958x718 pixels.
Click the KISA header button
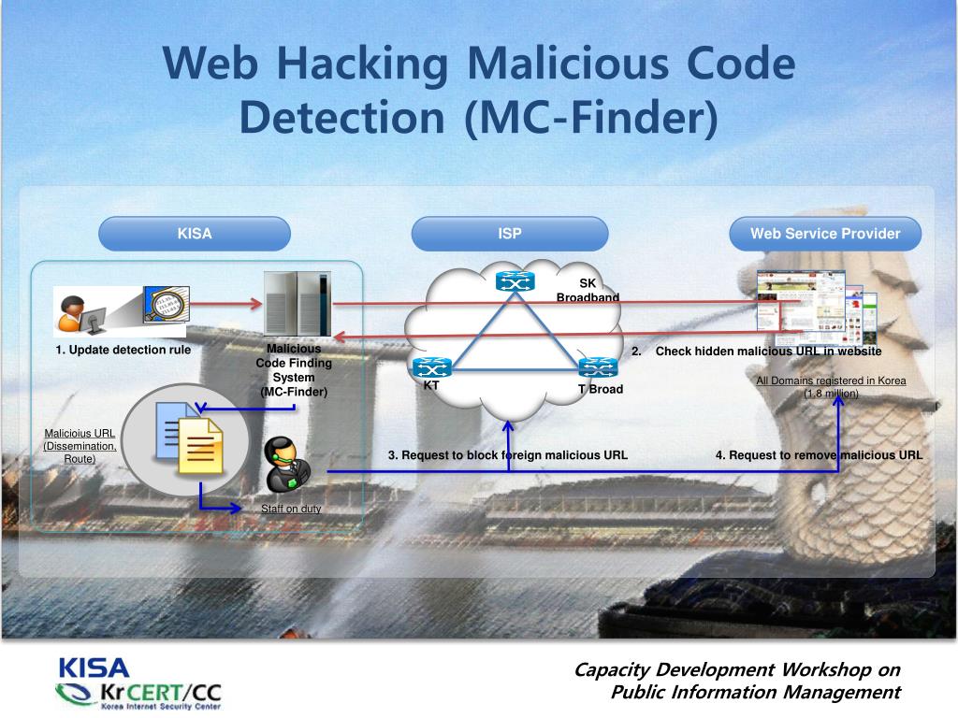[195, 234]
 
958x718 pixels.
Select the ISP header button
[510, 234]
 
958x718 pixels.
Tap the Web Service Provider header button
[825, 234]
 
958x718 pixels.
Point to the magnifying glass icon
[166, 305]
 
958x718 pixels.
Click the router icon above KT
[431, 368]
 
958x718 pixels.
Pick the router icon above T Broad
[597, 367]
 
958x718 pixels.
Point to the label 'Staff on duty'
[291, 509]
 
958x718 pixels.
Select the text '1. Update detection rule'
[123, 351]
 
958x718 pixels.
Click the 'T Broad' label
[600, 389]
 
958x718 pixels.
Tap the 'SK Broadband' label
[588, 290]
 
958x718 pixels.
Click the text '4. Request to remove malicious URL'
[819, 455]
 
